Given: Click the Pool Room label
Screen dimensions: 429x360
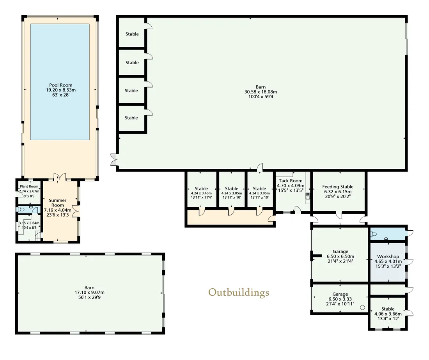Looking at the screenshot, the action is pyautogui.click(x=61, y=85).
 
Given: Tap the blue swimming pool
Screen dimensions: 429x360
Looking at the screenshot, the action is pyautogui.click(x=60, y=82).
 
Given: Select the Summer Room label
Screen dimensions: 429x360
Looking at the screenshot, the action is pyautogui.click(x=57, y=203).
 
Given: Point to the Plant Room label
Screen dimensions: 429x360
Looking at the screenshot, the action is pyautogui.click(x=29, y=186).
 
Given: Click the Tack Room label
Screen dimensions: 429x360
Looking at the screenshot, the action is pyautogui.click(x=291, y=181).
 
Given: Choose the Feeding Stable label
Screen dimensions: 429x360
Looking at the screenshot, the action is pyautogui.click(x=338, y=187).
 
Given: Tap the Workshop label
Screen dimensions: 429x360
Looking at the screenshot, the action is pyautogui.click(x=388, y=256).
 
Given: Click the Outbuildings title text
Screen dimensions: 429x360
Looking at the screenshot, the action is pyautogui.click(x=239, y=293).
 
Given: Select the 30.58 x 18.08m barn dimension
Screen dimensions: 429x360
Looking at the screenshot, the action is pyautogui.click(x=261, y=92).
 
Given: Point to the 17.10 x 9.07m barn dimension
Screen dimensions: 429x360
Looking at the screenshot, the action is pyautogui.click(x=89, y=292).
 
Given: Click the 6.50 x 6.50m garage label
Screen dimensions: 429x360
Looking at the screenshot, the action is pyautogui.click(x=340, y=256).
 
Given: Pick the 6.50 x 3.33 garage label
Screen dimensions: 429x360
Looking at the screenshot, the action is pyautogui.click(x=340, y=299).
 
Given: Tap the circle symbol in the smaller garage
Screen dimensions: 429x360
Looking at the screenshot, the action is pyautogui.click(x=363, y=307).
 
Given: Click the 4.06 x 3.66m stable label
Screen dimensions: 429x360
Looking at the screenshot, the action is pyautogui.click(x=388, y=314).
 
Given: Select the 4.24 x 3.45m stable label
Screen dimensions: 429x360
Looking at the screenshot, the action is pyautogui.click(x=201, y=193).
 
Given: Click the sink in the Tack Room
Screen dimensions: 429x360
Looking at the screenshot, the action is pyautogui.click(x=308, y=196).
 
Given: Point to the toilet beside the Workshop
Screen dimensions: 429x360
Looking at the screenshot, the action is pyautogui.click(x=374, y=234).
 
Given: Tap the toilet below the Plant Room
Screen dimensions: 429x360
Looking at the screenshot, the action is pyautogui.click(x=20, y=209).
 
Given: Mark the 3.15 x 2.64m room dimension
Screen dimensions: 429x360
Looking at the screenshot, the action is pyautogui.click(x=29, y=223).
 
